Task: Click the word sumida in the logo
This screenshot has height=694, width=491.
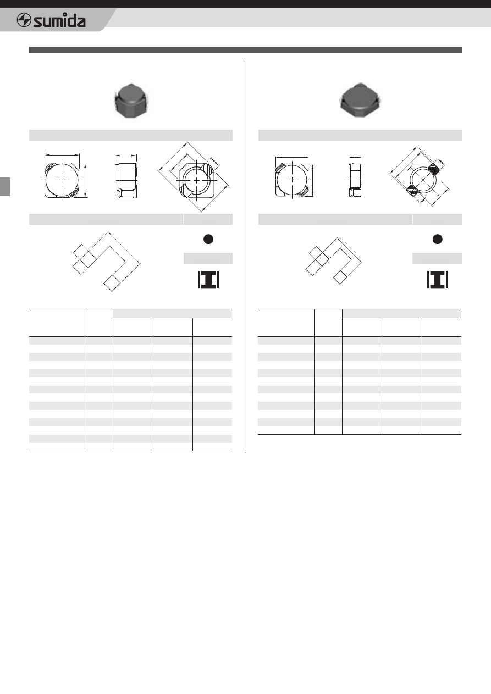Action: click(59, 21)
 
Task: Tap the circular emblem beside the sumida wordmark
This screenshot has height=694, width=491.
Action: click(24, 20)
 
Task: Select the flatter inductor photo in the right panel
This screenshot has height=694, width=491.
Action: click(360, 100)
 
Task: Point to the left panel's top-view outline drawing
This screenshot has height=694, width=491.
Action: click(62, 180)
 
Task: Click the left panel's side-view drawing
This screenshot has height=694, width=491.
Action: click(125, 180)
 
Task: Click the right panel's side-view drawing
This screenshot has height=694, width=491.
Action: click(355, 180)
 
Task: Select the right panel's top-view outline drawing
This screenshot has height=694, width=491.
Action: click(292, 180)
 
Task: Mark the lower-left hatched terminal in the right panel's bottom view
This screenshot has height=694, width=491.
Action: click(413, 190)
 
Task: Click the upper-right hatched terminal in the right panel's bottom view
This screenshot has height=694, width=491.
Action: click(434, 169)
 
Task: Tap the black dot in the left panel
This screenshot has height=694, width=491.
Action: click(208, 239)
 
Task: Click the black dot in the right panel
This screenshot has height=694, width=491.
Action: click(437, 239)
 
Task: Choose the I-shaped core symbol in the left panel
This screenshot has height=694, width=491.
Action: click(208, 280)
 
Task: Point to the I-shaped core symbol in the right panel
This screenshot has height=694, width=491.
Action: click(437, 280)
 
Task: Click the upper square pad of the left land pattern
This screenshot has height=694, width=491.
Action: click(88, 259)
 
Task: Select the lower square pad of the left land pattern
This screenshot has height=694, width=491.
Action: click(112, 283)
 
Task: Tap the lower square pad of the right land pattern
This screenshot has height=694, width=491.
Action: click(340, 277)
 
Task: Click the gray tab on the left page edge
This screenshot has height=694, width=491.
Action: click(5, 187)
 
